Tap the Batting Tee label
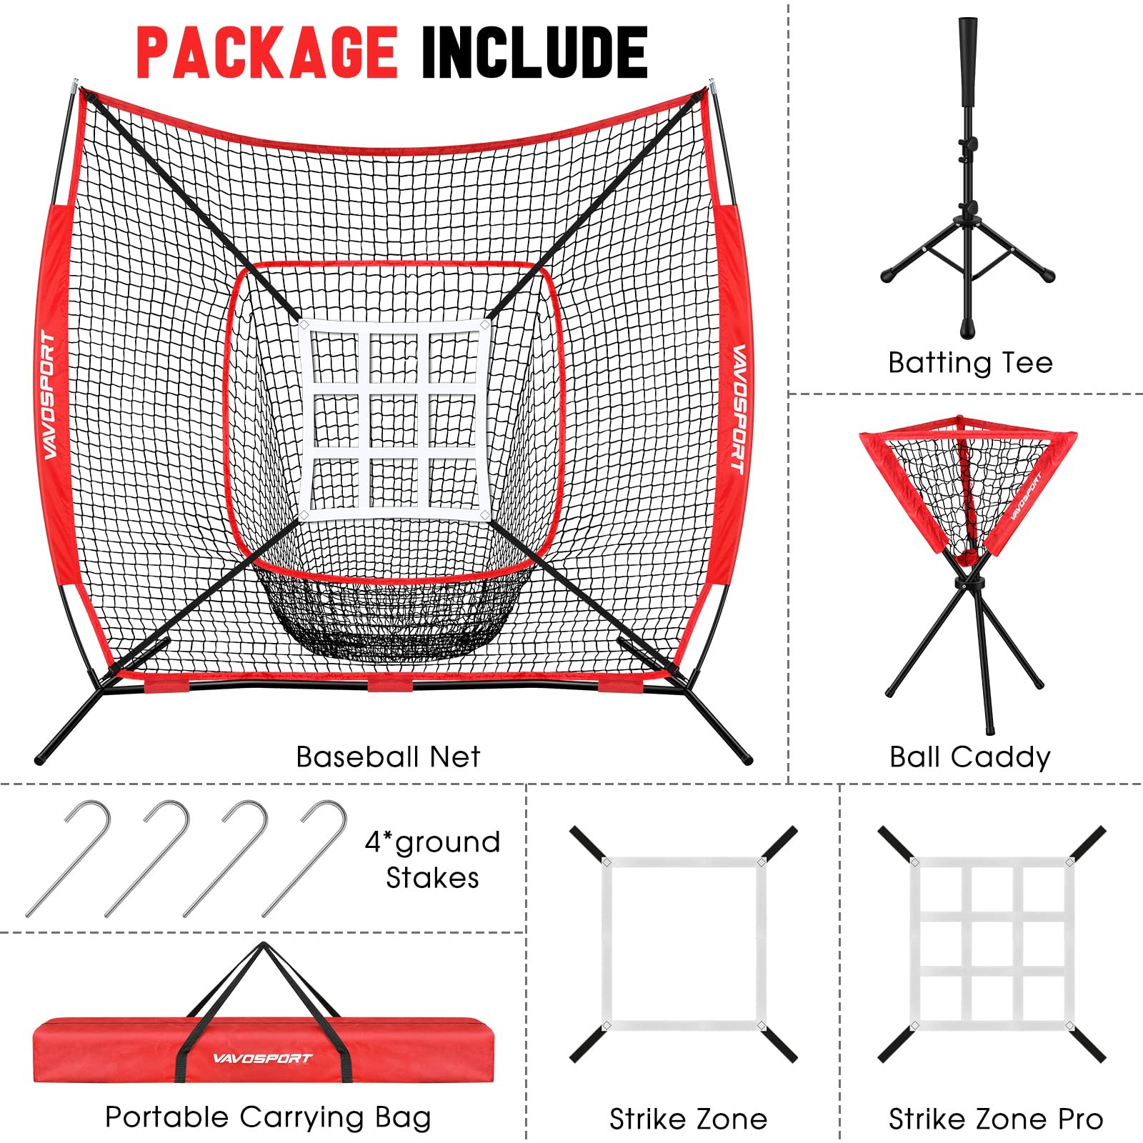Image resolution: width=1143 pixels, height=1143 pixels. (970, 363)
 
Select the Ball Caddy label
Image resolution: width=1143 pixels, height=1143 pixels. (969, 757)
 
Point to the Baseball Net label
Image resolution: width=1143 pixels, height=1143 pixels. (388, 757)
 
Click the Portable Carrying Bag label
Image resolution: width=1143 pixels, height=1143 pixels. (268, 1117)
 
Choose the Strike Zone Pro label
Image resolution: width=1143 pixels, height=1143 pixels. (995, 1119)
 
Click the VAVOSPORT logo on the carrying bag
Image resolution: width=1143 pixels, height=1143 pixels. (262, 1058)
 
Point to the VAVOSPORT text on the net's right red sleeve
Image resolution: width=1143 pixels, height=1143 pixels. (738, 409)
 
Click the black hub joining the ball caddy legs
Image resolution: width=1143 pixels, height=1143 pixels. (969, 584)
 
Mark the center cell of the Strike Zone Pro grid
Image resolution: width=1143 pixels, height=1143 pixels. (995, 943)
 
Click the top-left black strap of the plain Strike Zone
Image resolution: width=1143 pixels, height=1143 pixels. (587, 842)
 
